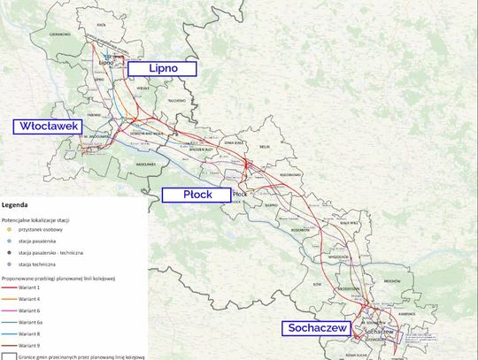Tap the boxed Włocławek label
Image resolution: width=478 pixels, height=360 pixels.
[48, 126]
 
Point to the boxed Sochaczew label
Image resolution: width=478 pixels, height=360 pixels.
[318, 328]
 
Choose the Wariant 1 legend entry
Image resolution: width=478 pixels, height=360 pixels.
[41, 288]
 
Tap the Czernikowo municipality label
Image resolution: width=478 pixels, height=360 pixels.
[35, 32]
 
